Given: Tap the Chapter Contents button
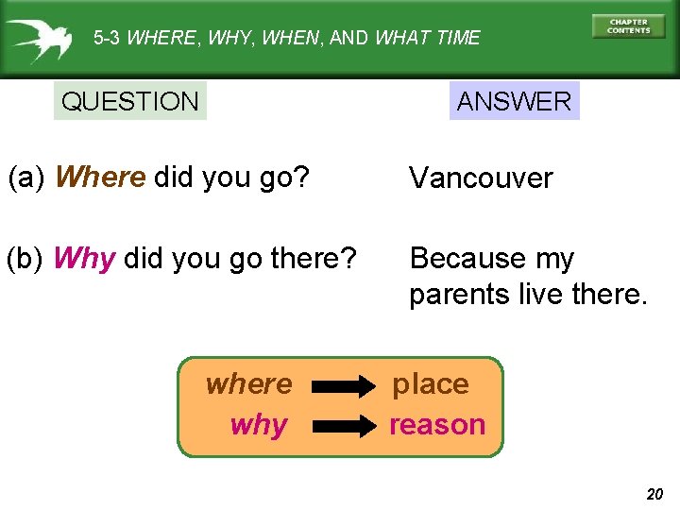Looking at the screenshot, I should coord(628,26).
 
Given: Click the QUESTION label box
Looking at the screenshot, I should coord(130,101).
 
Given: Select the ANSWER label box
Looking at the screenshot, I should coord(514,101).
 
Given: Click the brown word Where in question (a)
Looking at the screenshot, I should coord(100,178).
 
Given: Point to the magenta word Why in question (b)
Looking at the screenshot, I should coord(85,259).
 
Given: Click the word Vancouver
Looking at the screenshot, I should coord(481,178).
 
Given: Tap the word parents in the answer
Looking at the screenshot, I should coord(460,295).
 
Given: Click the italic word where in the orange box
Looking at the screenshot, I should coord(249,384).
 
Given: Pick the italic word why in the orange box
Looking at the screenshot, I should coord(258,425).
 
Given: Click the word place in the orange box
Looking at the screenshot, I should coord(431,384).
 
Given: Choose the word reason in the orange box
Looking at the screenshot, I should coord(437,425).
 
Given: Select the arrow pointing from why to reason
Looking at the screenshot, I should coord(344,427).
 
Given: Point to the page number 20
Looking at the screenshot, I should coord(654,493).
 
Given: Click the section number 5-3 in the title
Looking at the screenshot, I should coord(107,39).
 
